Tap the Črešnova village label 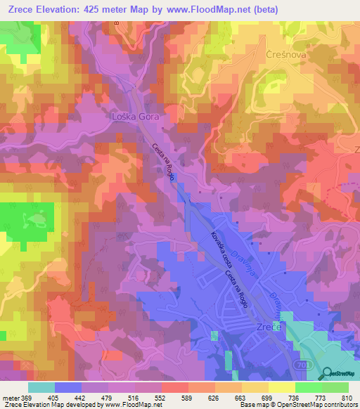tap(285, 54)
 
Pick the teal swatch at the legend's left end tap(41, 387)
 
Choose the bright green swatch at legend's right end tap(335, 387)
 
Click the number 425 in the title tap(107, 10)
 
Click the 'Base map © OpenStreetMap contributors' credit tap(297, 404)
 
